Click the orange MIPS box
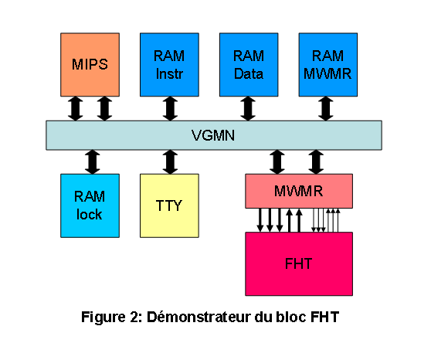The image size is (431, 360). (x=90, y=65)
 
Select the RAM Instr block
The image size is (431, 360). (x=169, y=65)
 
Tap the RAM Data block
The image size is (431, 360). (x=249, y=65)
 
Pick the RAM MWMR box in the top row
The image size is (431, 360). (x=328, y=65)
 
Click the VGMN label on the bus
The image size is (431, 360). (x=213, y=135)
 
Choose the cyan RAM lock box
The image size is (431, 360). (x=90, y=205)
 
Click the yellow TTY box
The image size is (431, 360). (x=169, y=205)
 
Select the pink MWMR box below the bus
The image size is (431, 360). (x=299, y=191)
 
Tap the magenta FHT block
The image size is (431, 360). (x=299, y=264)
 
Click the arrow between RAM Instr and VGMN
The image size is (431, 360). (x=170, y=109)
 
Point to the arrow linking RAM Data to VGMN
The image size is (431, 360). (x=248, y=109)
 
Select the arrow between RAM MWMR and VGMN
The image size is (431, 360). (x=326, y=109)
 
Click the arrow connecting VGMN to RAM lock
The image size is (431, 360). (x=93, y=162)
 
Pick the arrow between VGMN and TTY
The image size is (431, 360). (x=170, y=162)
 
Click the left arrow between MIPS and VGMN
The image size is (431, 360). (x=76, y=109)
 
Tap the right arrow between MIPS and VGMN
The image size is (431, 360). (x=104, y=109)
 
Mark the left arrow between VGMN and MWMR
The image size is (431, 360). (x=277, y=162)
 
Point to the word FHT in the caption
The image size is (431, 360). (x=324, y=317)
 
